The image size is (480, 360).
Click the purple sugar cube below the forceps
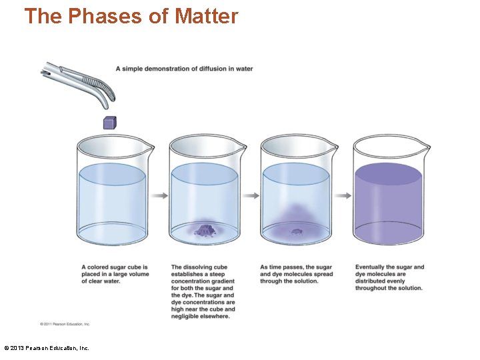[x=109, y=123]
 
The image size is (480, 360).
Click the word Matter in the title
[x=206, y=16]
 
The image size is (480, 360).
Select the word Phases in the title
[x=104, y=16]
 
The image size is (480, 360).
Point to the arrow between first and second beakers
[x=159, y=195]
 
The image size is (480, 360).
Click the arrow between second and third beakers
[x=251, y=195]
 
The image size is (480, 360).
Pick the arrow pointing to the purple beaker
[x=343, y=195]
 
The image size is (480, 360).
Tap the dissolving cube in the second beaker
[x=205, y=231]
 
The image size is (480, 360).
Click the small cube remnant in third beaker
[x=296, y=232]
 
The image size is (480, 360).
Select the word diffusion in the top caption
[x=207, y=69]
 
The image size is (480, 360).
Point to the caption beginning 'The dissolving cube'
[x=203, y=292]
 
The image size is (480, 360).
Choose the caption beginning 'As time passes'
[x=296, y=274]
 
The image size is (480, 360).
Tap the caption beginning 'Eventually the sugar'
[x=389, y=277]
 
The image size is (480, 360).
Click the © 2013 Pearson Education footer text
[x=47, y=348]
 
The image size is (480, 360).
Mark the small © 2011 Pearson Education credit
[x=65, y=324]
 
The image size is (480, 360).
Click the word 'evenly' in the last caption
[x=394, y=281]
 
